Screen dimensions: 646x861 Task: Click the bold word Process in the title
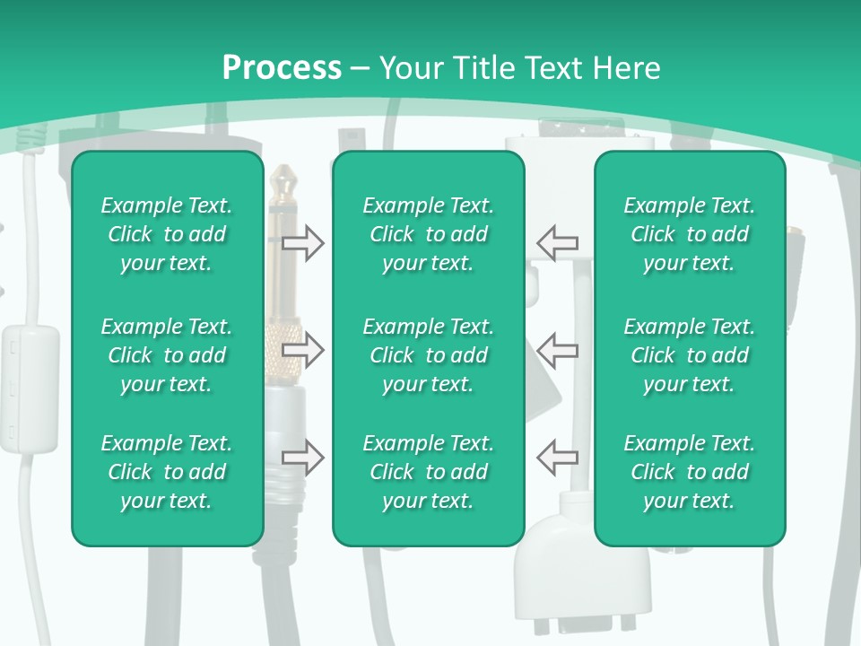(x=282, y=68)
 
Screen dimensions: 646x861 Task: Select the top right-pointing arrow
(x=303, y=243)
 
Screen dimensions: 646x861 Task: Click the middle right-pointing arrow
(x=303, y=350)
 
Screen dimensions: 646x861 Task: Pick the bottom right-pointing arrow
(x=303, y=458)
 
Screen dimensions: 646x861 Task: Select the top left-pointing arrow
(x=558, y=243)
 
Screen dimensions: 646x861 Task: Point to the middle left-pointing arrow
(x=558, y=350)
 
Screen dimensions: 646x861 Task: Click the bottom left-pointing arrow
(x=558, y=458)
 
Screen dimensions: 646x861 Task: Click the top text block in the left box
(x=167, y=234)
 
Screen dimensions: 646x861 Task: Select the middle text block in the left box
(x=167, y=355)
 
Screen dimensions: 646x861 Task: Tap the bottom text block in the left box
(x=167, y=472)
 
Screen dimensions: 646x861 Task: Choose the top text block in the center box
(x=428, y=234)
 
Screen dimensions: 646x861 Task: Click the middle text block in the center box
(x=428, y=355)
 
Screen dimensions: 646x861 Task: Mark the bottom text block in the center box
(x=428, y=472)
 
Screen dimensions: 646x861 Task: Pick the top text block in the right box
(x=689, y=234)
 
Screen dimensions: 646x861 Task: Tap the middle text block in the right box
(x=689, y=355)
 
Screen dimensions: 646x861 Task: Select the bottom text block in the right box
(x=689, y=472)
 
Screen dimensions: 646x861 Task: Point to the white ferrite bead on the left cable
(x=30, y=386)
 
